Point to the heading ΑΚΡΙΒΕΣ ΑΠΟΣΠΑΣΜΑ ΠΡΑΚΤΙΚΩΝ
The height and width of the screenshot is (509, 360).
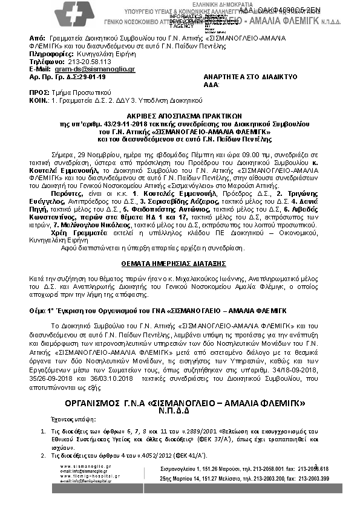[x=178, y=114]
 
